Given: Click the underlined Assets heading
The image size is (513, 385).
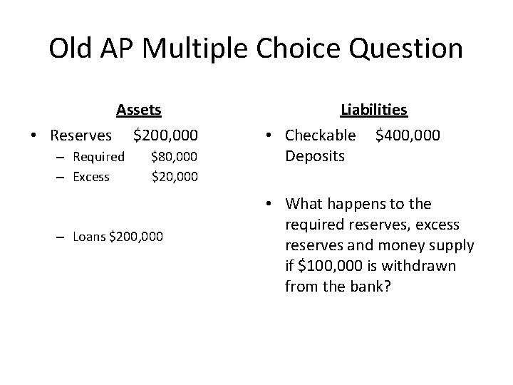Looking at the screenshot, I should (x=139, y=110).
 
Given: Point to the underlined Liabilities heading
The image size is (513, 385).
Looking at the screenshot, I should (x=374, y=110).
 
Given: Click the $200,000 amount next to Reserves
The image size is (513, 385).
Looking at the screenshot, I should (x=166, y=135).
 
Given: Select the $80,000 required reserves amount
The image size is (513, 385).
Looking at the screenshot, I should (x=175, y=156).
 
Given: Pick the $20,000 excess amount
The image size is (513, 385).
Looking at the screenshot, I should (x=175, y=175).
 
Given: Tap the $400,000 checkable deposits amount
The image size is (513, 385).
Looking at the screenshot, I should (x=408, y=135).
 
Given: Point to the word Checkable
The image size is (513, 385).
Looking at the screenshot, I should (x=320, y=135).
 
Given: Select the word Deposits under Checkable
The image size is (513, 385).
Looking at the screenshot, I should (x=315, y=155).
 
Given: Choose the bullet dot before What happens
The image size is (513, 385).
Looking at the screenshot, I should (x=274, y=205).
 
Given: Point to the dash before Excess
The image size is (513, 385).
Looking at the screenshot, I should (x=63, y=176).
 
